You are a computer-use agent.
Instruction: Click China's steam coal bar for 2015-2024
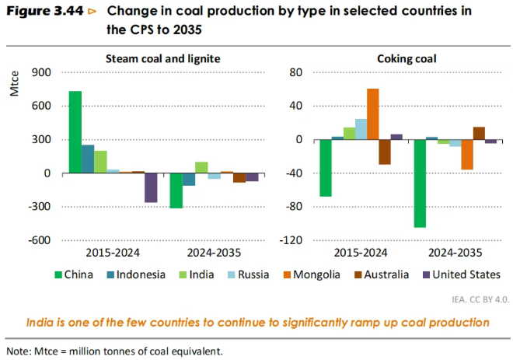(75, 132)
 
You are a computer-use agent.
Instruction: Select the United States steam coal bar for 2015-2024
(151, 187)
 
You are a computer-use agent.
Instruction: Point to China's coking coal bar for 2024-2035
(420, 183)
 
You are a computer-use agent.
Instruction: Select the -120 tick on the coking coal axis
(291, 240)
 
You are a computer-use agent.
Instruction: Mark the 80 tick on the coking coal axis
(295, 73)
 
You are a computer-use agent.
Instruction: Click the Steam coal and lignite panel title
(162, 58)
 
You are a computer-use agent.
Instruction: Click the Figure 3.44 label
(43, 12)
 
